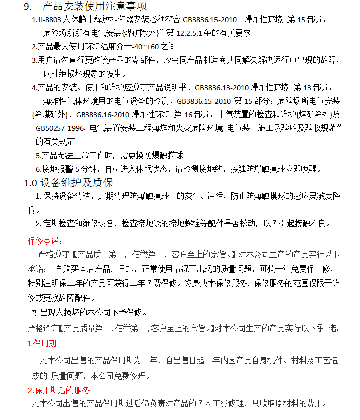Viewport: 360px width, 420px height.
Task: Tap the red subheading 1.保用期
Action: tap(42, 344)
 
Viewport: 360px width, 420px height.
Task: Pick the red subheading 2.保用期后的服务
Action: tap(59, 390)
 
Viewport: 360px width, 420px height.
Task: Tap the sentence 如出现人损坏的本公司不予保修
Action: tap(89, 312)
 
